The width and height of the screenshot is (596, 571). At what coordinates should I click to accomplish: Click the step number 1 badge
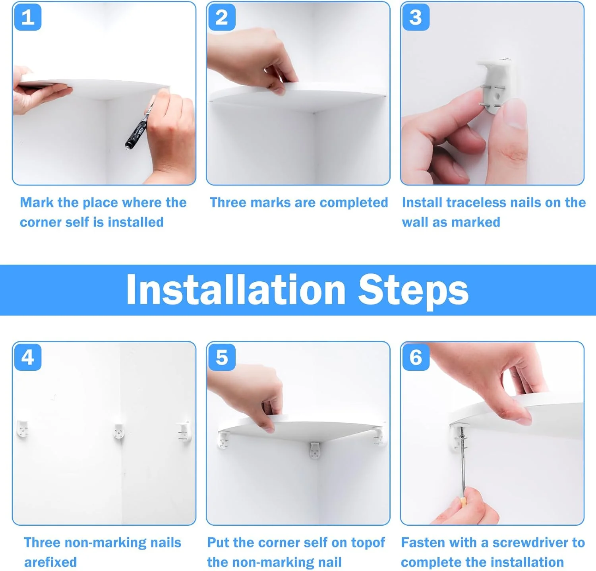[28, 17]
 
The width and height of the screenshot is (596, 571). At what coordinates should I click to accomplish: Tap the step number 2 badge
[222, 17]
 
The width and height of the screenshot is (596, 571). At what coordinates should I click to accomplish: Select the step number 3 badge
[416, 17]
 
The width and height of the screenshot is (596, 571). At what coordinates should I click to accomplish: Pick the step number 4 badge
[28, 357]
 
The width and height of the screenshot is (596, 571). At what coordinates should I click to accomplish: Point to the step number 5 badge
[222, 357]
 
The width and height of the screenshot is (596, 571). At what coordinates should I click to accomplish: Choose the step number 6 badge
[416, 357]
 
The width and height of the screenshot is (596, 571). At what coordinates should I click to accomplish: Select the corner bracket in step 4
[119, 431]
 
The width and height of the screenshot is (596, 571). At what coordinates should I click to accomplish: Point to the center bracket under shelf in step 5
[315, 451]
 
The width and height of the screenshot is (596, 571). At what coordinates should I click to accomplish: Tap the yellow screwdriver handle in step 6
[463, 501]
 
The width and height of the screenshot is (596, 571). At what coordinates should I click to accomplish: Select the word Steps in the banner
[413, 291]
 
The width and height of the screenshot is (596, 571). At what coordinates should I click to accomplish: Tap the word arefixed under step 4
[50, 562]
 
